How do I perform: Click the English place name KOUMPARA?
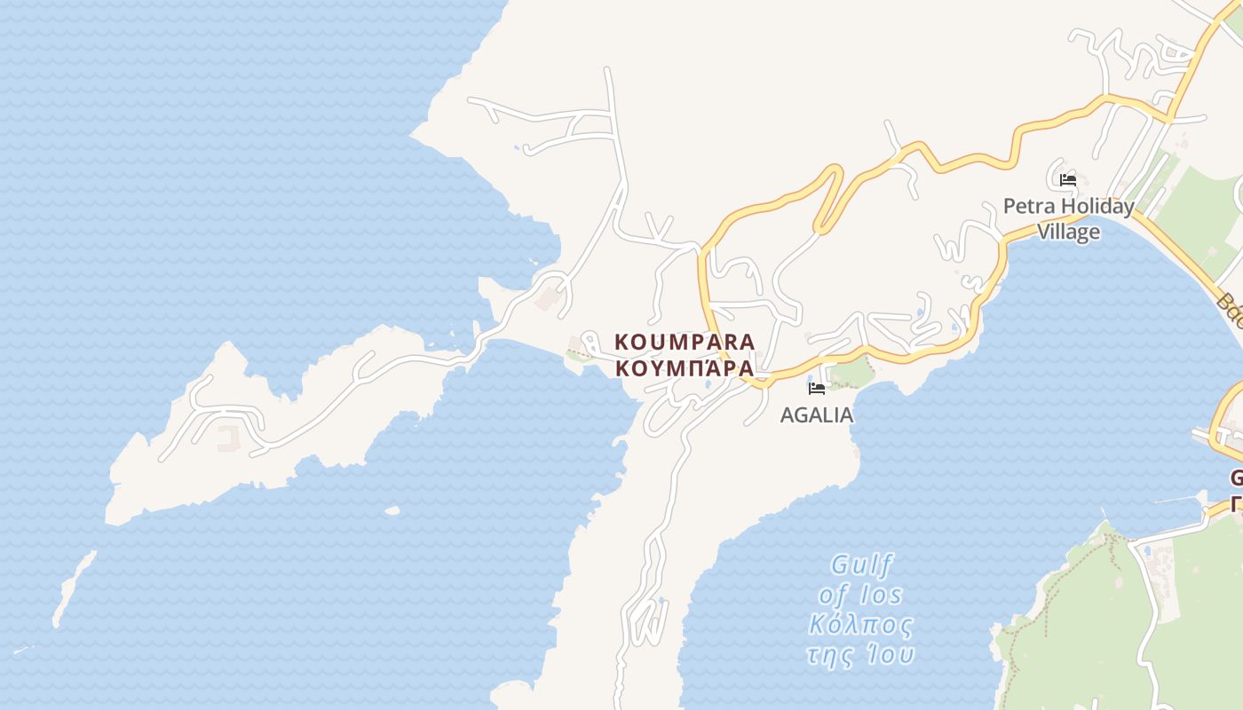click(685, 342)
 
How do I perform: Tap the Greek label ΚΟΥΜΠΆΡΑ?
click(685, 367)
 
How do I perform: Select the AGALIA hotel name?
click(816, 414)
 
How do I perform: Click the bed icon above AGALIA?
click(817, 389)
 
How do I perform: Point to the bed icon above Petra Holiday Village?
click(1068, 180)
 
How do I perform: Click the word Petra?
click(1026, 207)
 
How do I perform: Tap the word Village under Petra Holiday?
click(1069, 232)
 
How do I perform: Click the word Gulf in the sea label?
click(861, 565)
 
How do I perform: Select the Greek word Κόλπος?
click(860, 625)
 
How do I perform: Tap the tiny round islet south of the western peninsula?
click(392, 510)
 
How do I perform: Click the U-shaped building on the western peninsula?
click(228, 436)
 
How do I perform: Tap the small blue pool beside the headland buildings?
click(1146, 551)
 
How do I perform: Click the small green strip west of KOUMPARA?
click(578, 356)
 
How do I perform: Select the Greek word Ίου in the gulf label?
click(891, 655)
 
